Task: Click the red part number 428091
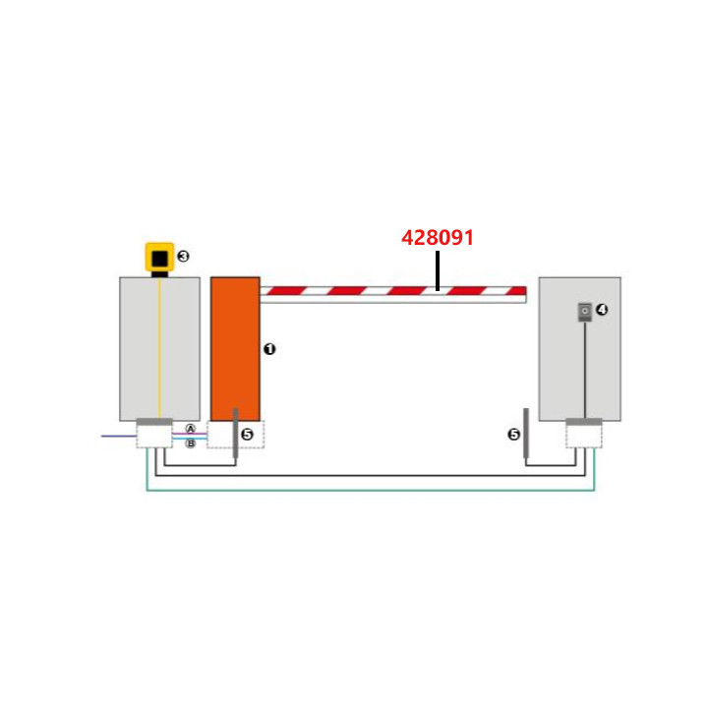[438, 238]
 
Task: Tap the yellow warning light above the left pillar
[158, 258]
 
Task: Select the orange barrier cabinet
[235, 348]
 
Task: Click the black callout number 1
[270, 349]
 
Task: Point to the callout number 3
[183, 257]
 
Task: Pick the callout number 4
[603, 310]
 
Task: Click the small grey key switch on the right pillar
[584, 312]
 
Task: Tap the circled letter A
[191, 430]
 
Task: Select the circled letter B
[191, 443]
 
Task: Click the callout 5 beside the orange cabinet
[247, 434]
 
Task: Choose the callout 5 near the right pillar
[513, 434]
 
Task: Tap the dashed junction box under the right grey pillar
[583, 437]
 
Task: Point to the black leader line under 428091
[438, 269]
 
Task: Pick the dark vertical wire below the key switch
[584, 369]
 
